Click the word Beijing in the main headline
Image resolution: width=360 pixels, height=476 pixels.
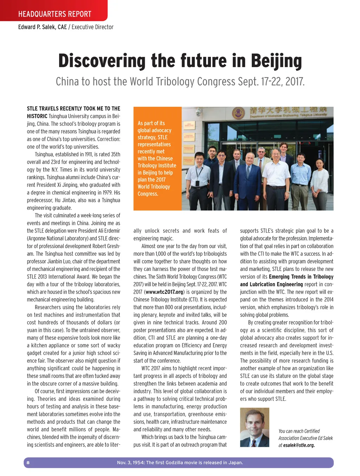pos(276,61)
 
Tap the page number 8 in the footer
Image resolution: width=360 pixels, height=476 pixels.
pos(28,463)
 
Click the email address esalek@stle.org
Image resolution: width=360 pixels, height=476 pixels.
pos(299,445)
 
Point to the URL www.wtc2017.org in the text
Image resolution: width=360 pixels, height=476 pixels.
pos(164,292)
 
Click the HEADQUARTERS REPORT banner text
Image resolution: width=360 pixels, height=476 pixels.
pos(54,14)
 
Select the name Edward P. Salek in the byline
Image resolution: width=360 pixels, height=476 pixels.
pos(42,27)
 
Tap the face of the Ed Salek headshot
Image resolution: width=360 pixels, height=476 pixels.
pos(254,423)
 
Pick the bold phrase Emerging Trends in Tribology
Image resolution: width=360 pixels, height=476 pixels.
pos(301,277)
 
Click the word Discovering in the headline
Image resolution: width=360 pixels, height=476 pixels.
pos(102,61)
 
